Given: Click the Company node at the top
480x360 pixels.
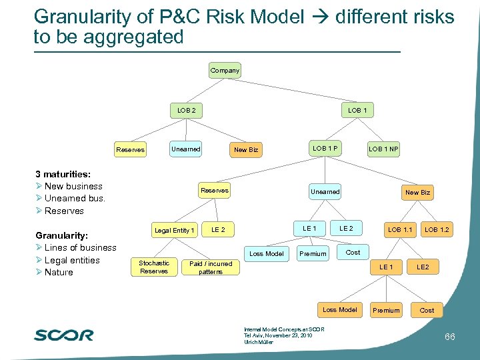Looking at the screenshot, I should tap(225, 70).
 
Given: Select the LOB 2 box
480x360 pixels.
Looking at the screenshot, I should tap(186, 109).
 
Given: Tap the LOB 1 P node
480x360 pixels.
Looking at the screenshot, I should tap(325, 148).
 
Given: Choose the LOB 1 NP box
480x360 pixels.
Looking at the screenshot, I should tap(384, 149).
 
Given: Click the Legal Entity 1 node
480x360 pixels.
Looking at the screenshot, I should tap(175, 230).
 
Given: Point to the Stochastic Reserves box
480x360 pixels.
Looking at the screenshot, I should tap(154, 267).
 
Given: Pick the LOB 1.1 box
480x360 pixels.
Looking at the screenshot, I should tap(400, 230).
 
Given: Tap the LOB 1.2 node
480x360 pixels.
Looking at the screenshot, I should tap(437, 230).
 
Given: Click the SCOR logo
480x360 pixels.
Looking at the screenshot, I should tap(64, 335).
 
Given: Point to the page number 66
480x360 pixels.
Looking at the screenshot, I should tap(450, 337).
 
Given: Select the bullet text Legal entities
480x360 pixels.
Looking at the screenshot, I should tap(72, 260).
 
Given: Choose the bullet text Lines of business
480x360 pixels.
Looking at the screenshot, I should tap(80, 247).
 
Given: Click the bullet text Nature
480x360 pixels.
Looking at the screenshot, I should tap(59, 272).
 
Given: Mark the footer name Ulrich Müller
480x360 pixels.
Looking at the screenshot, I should tap(259, 342).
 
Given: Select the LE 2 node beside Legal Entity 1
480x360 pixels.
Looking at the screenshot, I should tap(218, 230).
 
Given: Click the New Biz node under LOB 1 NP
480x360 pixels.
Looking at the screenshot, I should tap(418, 192).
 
